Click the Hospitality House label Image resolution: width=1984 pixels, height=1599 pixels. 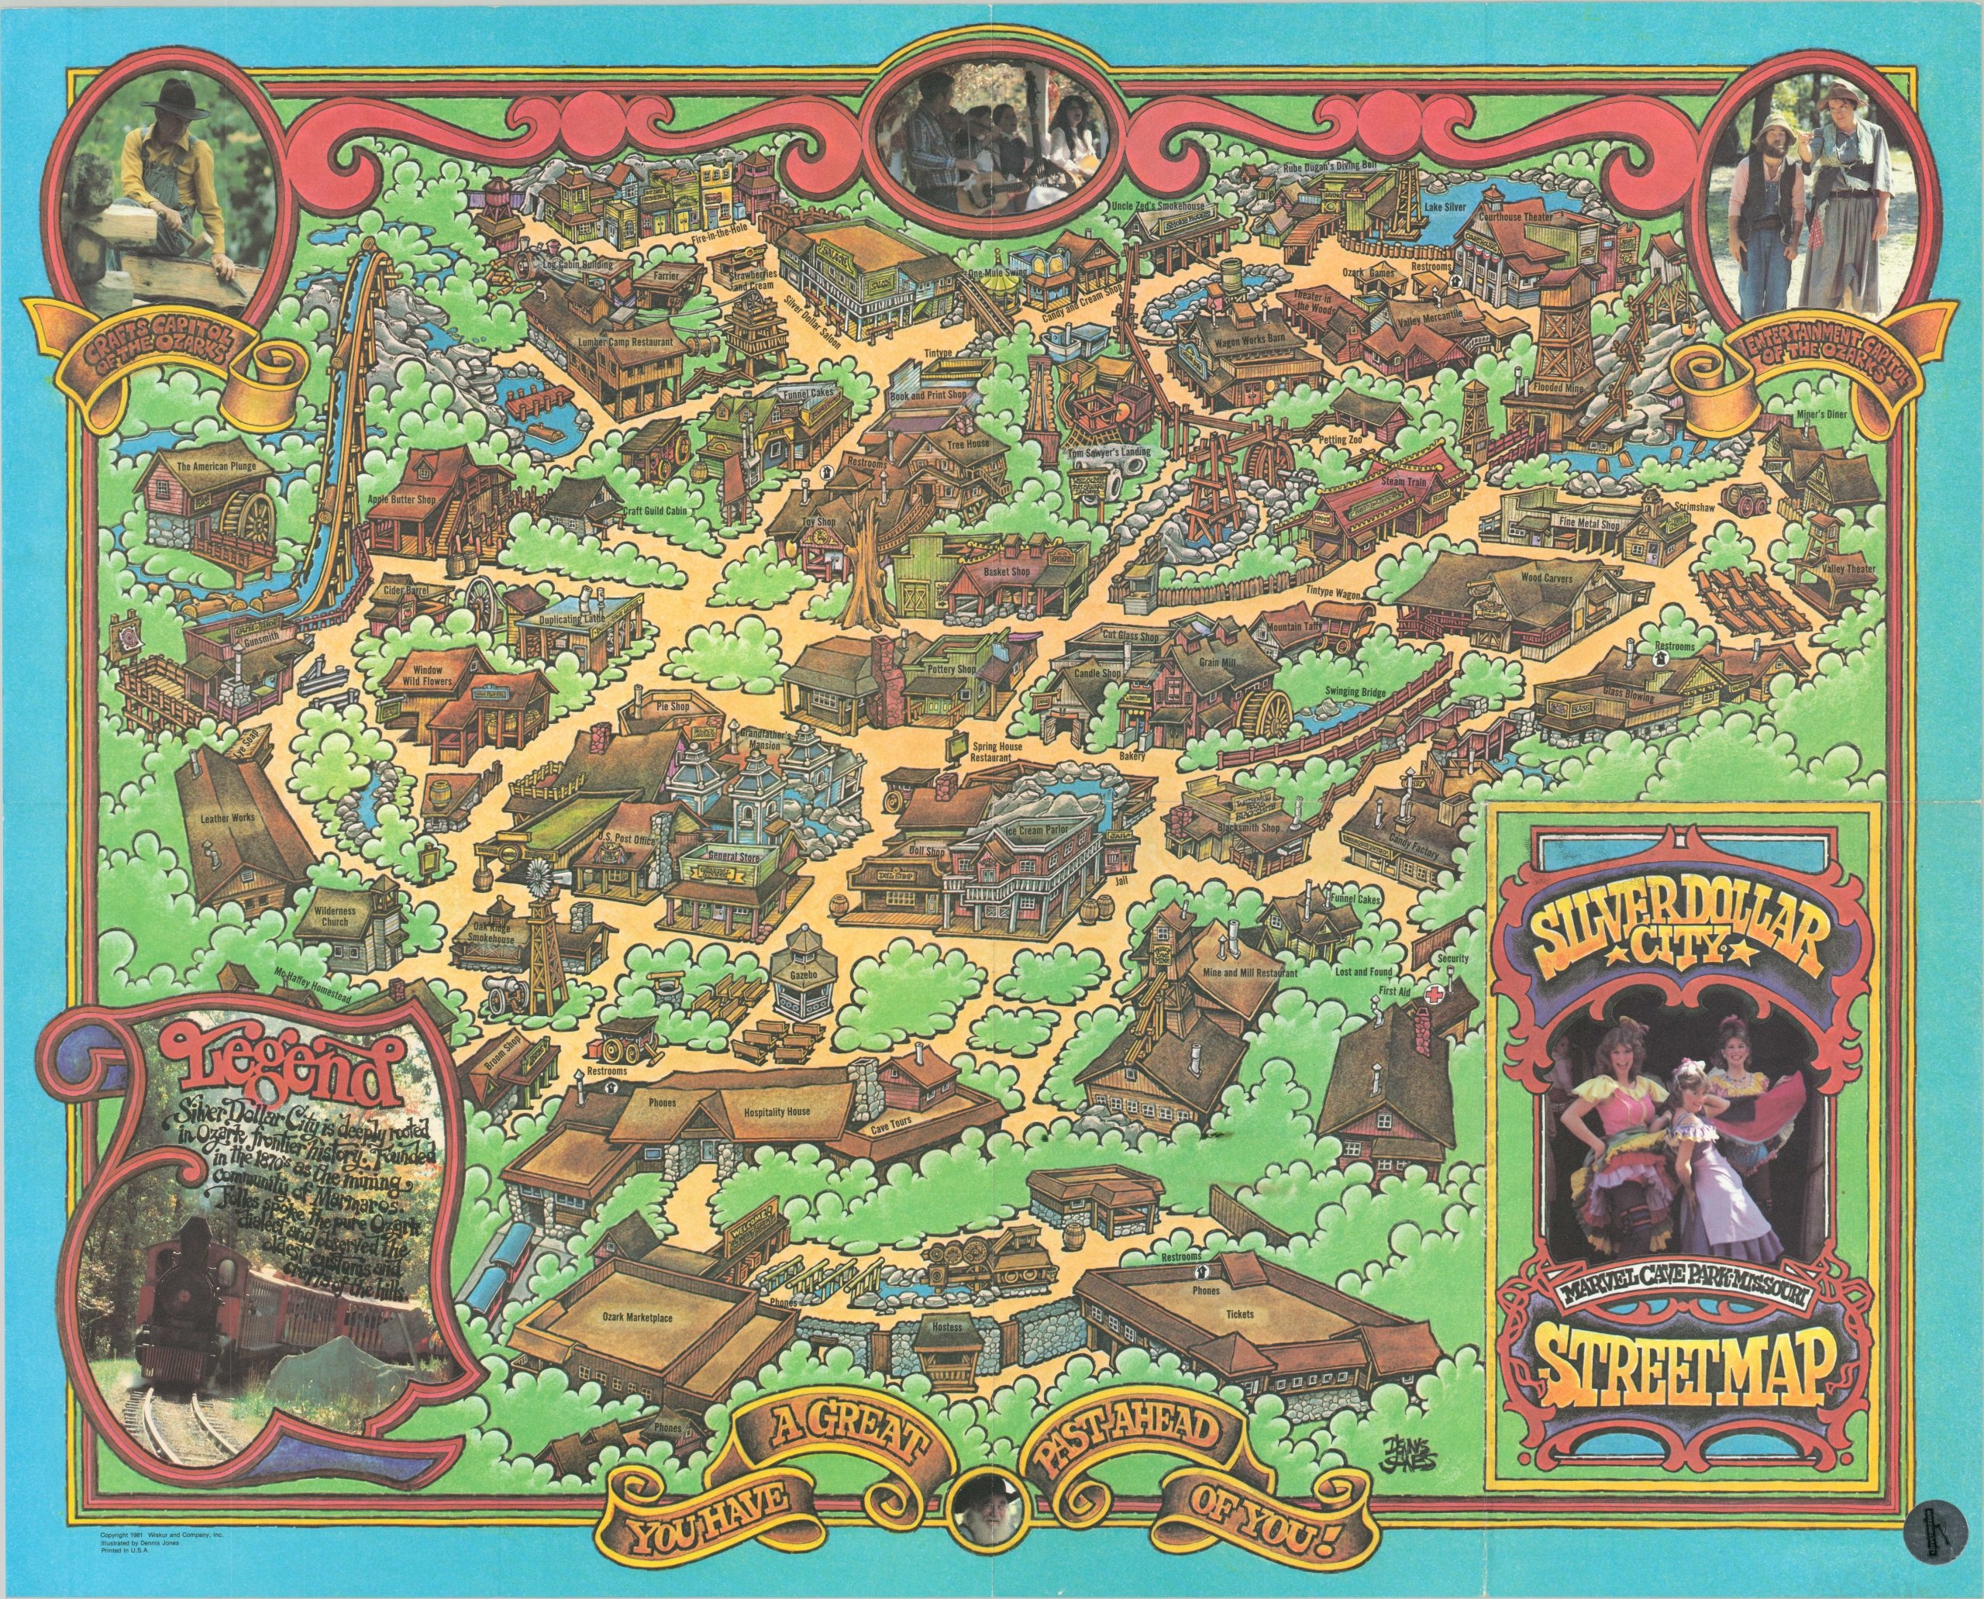pyautogui.click(x=777, y=1111)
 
